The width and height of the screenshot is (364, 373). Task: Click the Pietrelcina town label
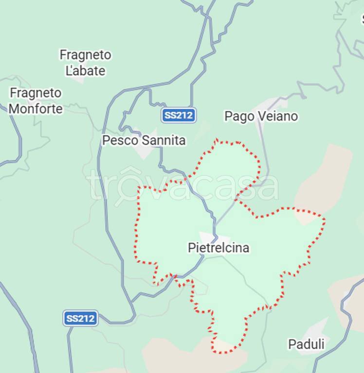click(218, 248)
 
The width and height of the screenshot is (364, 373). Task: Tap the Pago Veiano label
click(261, 116)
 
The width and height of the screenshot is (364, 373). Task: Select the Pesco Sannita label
click(144, 140)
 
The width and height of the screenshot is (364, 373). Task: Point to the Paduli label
click(306, 344)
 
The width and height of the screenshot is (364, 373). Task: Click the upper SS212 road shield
click(179, 115)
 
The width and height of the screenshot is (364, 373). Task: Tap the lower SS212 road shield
click(80, 318)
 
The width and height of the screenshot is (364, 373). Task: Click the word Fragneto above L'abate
click(85, 55)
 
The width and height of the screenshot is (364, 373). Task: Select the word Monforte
click(36, 109)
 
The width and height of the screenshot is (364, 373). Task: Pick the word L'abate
click(85, 70)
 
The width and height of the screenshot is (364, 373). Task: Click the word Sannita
click(163, 140)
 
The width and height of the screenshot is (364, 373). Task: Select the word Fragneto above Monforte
click(36, 93)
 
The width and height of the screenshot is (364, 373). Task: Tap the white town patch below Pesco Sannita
click(146, 151)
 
